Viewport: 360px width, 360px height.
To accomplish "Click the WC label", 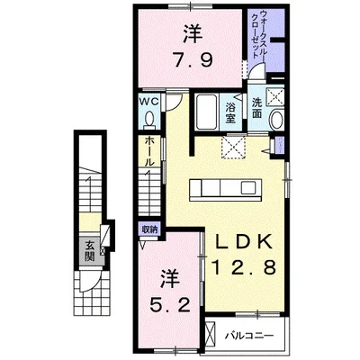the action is pos(149,102).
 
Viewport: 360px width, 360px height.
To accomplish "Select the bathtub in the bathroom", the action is pos(206,112).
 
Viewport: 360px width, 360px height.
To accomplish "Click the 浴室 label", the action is pos(230,112).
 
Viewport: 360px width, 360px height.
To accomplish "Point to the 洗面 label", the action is pos(256,107).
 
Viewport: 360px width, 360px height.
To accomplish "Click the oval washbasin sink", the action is pos(276,120).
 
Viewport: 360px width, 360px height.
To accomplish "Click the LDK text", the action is pos(245,241).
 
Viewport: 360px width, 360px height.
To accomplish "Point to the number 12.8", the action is pos(244,267).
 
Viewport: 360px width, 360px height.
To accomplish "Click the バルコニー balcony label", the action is pos(249,335).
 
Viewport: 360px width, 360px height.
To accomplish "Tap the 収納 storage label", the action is pos(149,229).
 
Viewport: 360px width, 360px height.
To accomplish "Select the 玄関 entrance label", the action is pos(89,251).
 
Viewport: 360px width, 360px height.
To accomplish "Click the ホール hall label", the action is pos(149,152).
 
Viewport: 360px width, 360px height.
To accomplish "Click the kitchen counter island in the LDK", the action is pos(226,189).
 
